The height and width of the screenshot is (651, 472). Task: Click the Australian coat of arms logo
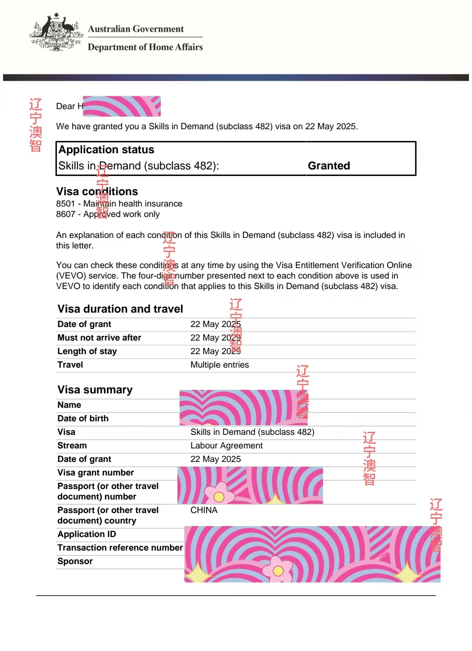pyautogui.click(x=56, y=33)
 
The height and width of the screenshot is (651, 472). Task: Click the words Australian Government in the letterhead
pyautogui.click(x=135, y=29)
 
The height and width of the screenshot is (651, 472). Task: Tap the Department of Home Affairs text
pyautogui.click(x=145, y=47)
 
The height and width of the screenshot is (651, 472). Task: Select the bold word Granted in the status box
pyautogui.click(x=329, y=166)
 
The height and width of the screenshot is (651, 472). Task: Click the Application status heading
pyautogui.click(x=106, y=150)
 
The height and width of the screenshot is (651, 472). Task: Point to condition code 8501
pyautogui.click(x=66, y=204)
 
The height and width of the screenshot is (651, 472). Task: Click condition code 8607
pyautogui.click(x=66, y=214)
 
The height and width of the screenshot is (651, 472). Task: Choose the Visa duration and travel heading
pyautogui.click(x=120, y=309)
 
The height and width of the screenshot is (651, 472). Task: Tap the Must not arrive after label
pyautogui.click(x=99, y=338)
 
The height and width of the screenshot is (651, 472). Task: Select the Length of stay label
pyautogui.click(x=87, y=351)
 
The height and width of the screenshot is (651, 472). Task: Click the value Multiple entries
pyautogui.click(x=219, y=365)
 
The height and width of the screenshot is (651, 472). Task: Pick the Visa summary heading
pyautogui.click(x=95, y=389)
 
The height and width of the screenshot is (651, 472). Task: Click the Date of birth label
pyautogui.click(x=83, y=418)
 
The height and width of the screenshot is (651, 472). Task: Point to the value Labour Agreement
pyautogui.click(x=226, y=445)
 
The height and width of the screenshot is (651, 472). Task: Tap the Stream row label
pyautogui.click(x=72, y=445)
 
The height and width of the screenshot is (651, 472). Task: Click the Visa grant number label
pyautogui.click(x=96, y=472)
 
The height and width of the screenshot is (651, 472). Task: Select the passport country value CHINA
pyautogui.click(x=204, y=510)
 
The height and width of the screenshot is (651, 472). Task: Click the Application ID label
pyautogui.click(x=87, y=534)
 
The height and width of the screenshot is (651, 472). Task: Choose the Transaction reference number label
pyautogui.click(x=120, y=548)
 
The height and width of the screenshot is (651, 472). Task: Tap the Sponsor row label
pyautogui.click(x=75, y=561)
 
